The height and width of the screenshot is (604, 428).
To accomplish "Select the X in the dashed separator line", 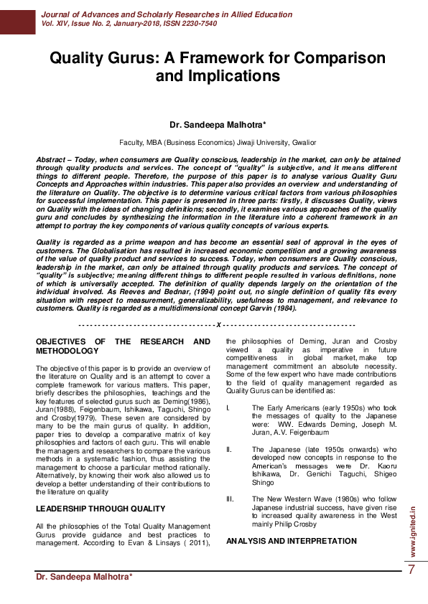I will click(x=218, y=326).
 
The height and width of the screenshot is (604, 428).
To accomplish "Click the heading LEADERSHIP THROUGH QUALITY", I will click(x=101, y=509).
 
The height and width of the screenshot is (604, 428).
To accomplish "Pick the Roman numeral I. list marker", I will click(x=228, y=408).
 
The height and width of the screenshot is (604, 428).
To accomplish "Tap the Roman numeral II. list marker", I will click(x=229, y=449).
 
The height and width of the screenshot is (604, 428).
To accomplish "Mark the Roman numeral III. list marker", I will click(x=230, y=498).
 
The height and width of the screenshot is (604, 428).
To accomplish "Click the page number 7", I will click(x=411, y=570).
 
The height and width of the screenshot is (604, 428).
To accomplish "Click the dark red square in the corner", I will click(x=17, y=17).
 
